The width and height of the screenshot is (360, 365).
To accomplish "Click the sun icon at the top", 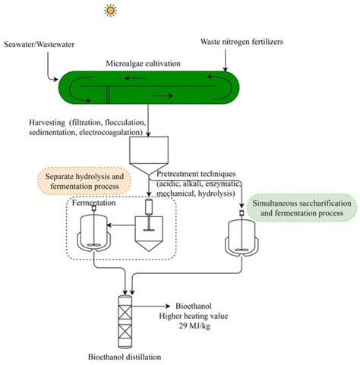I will click(112, 11).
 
